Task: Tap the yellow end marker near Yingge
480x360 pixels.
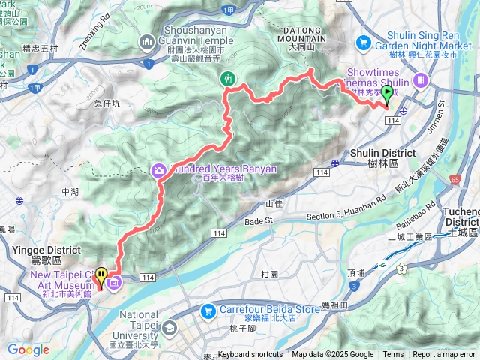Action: click(100, 277)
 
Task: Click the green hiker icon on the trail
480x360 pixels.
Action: click(226, 78)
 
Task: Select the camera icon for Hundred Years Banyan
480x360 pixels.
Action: click(159, 170)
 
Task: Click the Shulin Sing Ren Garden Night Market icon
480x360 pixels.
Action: click(364, 42)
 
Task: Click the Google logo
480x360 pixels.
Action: click(28, 349)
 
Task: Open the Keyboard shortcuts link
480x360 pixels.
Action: click(250, 355)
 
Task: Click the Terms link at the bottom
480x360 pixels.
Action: click(393, 355)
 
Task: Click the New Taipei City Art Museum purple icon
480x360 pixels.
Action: click(114, 283)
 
